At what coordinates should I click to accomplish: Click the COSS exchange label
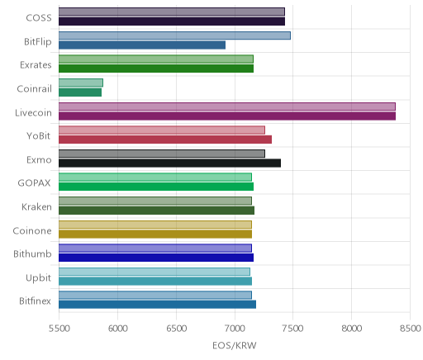[39, 18]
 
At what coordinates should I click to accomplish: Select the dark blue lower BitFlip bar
[142, 45]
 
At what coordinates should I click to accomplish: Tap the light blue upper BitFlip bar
[174, 36]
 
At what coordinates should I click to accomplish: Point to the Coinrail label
[34, 88]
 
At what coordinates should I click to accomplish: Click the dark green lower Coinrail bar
[80, 92]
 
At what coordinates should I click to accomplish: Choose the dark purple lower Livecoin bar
[227, 116]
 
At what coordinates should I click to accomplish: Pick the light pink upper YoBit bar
[162, 130]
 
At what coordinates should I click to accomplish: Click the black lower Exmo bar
[170, 163]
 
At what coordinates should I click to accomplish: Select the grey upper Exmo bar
[162, 154]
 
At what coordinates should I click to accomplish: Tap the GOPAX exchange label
[34, 183]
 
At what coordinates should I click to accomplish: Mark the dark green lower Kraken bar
[157, 211]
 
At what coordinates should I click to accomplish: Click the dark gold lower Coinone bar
[155, 234]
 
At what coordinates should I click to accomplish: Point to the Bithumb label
[32, 253]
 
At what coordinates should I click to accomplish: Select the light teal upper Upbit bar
[154, 272]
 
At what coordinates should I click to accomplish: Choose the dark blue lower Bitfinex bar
[158, 305]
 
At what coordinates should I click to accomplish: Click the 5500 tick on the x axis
[59, 329]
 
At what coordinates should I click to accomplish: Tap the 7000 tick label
[235, 329]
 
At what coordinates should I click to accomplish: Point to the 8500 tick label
[411, 329]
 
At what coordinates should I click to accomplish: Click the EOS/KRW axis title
[235, 345]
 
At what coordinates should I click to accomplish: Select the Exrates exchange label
[36, 65]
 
